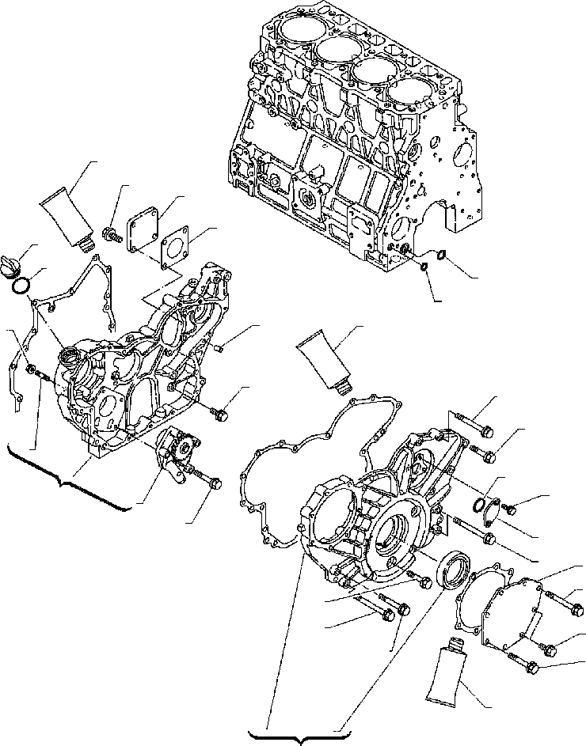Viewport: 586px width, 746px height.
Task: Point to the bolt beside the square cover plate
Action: point(111,233)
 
